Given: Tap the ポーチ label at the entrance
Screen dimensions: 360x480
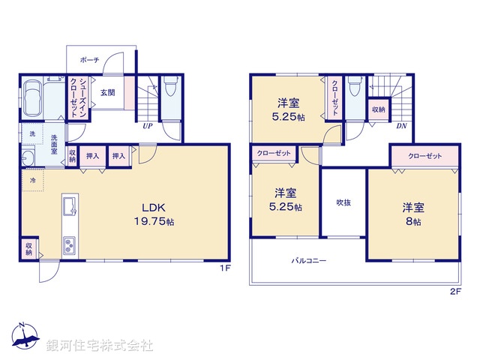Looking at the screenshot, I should [x=91, y=59].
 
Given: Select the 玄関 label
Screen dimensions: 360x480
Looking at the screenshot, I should [x=109, y=93].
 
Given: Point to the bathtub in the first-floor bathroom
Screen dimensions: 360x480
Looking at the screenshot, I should [x=34, y=99].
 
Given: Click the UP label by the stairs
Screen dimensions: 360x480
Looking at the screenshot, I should [x=148, y=126].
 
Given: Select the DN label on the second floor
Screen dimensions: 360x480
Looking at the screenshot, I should [x=401, y=126].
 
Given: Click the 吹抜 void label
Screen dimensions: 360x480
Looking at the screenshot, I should [x=343, y=202].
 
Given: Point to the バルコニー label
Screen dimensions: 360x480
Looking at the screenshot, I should [x=309, y=261].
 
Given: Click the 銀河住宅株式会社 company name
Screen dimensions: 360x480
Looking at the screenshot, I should [x=100, y=345].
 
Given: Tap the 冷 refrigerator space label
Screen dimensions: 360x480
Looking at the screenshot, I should [x=33, y=181].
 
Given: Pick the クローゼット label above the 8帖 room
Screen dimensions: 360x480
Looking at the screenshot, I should [x=424, y=157].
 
